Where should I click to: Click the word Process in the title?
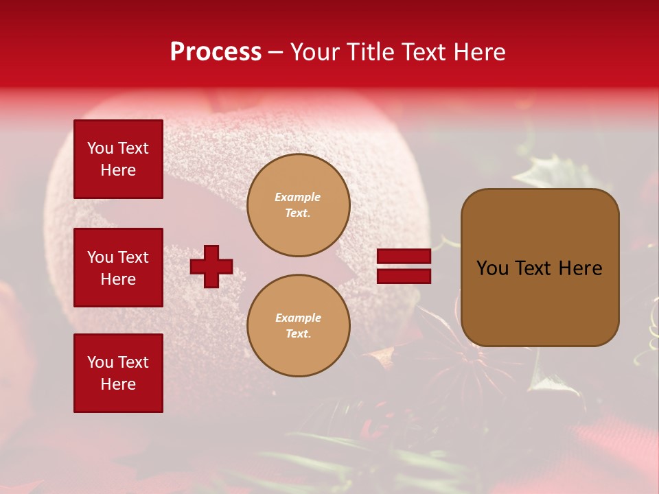pyautogui.click(x=216, y=52)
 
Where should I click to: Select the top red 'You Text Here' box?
pyautogui.click(x=118, y=159)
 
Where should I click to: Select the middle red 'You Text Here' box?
pyautogui.click(x=118, y=268)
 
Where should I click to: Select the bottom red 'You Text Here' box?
pyautogui.click(x=118, y=373)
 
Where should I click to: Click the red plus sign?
pyautogui.click(x=211, y=266)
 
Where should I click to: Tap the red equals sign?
pyautogui.click(x=404, y=266)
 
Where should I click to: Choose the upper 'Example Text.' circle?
pyautogui.click(x=299, y=205)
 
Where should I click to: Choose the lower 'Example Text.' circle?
pyautogui.click(x=299, y=326)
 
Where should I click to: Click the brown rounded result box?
pyautogui.click(x=540, y=268)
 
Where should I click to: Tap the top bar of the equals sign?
pyautogui.click(x=404, y=257)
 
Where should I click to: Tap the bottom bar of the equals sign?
pyautogui.click(x=404, y=276)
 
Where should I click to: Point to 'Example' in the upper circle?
pyautogui.click(x=298, y=198)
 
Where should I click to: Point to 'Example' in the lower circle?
pyautogui.click(x=298, y=318)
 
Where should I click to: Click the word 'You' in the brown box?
pyautogui.click(x=492, y=268)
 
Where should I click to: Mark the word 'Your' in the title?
pyautogui.click(x=316, y=52)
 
